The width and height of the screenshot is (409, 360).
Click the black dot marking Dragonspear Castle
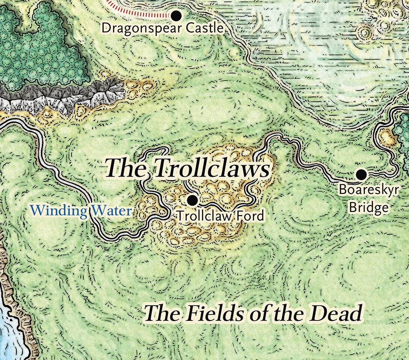point(177,16)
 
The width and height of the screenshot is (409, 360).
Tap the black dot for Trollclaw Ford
point(192,199)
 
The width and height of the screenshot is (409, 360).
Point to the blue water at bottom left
point(9,333)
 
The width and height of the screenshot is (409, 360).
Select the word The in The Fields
point(164,313)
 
